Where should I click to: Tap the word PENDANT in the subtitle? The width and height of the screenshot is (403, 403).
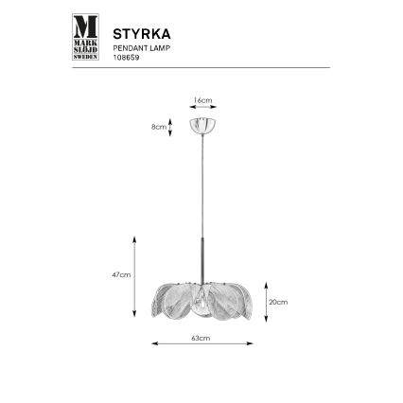click(x=129, y=46)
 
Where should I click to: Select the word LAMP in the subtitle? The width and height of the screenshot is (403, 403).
click(x=160, y=46)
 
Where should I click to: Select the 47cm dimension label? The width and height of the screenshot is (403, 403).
click(x=120, y=274)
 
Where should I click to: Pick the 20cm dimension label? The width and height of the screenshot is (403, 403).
click(x=278, y=303)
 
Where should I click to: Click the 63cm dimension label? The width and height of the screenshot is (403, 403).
click(x=200, y=337)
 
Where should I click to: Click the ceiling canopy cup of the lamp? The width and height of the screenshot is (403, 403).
click(x=201, y=125)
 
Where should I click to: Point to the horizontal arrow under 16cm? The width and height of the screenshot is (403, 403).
click(x=201, y=108)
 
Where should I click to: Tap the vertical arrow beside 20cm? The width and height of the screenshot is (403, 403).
click(x=266, y=302)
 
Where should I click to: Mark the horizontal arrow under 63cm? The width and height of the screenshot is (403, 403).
click(x=201, y=344)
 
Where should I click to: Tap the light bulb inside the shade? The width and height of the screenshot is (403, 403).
click(x=202, y=305)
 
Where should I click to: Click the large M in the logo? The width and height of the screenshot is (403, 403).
click(x=85, y=26)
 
